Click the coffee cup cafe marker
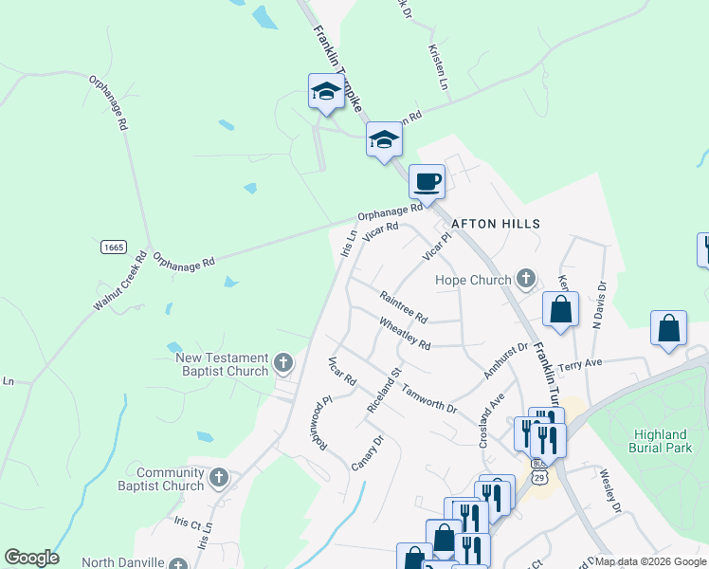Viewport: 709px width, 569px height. pos(427,180)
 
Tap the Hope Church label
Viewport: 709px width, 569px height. pos(473,280)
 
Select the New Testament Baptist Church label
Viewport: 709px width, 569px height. pos(222,364)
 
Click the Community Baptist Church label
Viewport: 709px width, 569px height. pos(170,479)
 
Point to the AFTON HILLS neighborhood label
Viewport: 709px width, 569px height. pos(495,224)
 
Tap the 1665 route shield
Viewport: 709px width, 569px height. pos(114,247)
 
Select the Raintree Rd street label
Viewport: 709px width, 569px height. pos(404,305)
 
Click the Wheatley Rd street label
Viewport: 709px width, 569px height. pos(405,333)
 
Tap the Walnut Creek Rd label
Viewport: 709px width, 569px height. pos(121,281)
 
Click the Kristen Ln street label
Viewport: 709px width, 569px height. pos(438,66)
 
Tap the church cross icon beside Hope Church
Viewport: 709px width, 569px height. pos(527,280)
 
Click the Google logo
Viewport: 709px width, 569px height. pos(31,558)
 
